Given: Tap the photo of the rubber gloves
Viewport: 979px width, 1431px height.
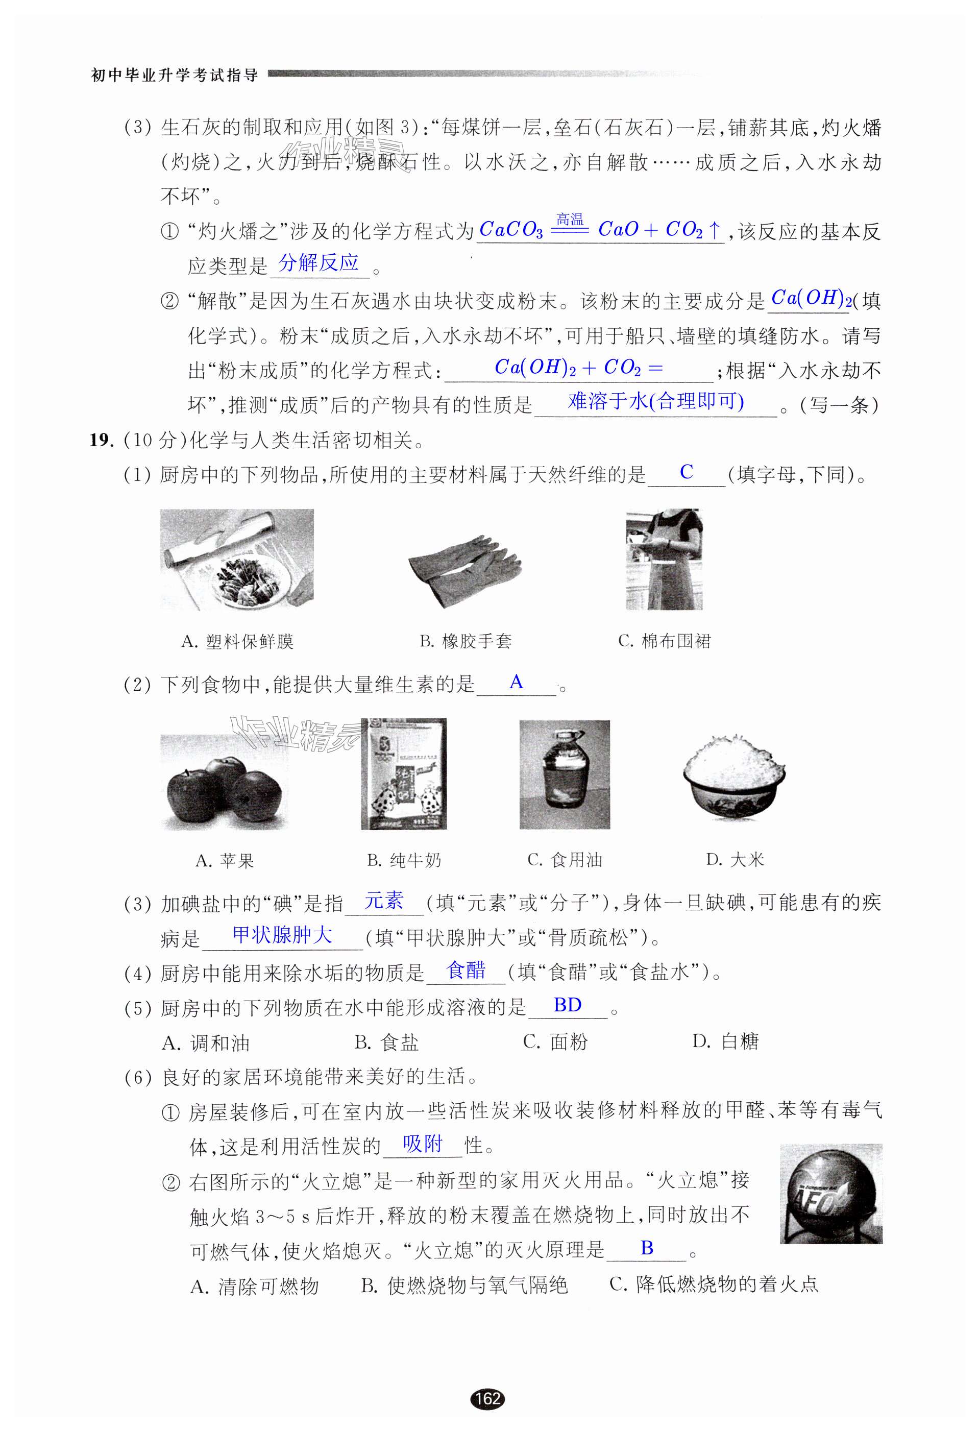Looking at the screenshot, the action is pyautogui.click(x=466, y=571).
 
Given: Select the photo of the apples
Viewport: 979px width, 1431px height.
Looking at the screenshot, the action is pyautogui.click(x=224, y=783).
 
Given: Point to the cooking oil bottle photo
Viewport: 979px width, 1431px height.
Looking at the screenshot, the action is pyautogui.click(x=565, y=774).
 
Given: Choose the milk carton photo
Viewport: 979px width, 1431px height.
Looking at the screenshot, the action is pyautogui.click(x=403, y=774).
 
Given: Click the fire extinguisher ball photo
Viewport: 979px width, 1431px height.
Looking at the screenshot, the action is pyautogui.click(x=830, y=1194).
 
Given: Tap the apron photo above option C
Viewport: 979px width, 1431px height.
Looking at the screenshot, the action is pyautogui.click(x=665, y=559).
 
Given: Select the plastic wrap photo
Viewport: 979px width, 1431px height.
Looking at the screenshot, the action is pyautogui.click(x=236, y=559).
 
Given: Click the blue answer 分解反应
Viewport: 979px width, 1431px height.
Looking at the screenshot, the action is pyautogui.click(x=319, y=263).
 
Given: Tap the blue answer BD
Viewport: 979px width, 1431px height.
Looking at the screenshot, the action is pyautogui.click(x=567, y=1005).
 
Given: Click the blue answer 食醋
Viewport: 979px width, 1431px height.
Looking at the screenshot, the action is pyautogui.click(x=466, y=971).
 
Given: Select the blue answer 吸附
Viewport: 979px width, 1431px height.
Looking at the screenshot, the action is pyautogui.click(x=423, y=1144).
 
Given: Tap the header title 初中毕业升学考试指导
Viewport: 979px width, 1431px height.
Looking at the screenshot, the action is pyautogui.click(x=174, y=76).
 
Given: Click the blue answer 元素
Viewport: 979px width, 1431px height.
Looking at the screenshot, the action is pyautogui.click(x=384, y=901).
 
